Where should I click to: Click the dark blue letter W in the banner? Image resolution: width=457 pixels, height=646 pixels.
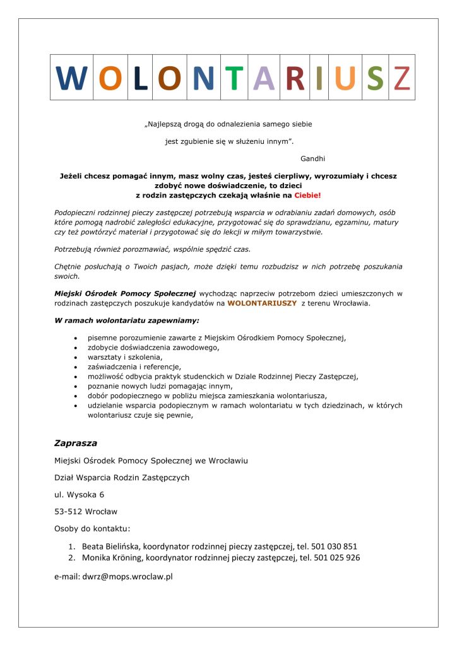(71, 78)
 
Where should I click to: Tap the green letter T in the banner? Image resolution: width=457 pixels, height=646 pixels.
(234, 78)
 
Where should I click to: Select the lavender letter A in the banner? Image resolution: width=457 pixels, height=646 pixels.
(264, 78)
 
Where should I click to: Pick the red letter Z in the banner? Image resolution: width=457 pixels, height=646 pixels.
(401, 78)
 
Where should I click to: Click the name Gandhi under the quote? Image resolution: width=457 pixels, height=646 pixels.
(313, 157)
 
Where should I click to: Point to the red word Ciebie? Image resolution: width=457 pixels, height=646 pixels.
(307, 196)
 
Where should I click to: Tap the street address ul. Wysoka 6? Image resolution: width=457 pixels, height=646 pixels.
(80, 494)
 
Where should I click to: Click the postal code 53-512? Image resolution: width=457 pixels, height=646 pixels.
(68, 511)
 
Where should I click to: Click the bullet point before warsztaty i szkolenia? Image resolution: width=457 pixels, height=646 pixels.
(76, 357)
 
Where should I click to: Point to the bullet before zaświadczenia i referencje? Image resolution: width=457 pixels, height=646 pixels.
(76, 367)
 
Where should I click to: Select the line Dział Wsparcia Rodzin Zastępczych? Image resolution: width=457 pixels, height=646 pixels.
(122, 477)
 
